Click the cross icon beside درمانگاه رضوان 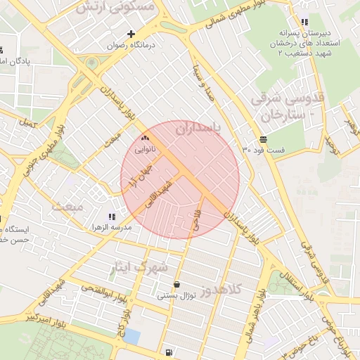tap(131, 34)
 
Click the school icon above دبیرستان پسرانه tap(304, 22)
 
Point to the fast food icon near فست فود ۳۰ tap(262, 139)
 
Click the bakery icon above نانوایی tap(146, 139)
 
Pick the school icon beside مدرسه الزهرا tap(112, 217)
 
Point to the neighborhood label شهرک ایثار tap(141, 267)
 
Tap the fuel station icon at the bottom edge tap(169, 353)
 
